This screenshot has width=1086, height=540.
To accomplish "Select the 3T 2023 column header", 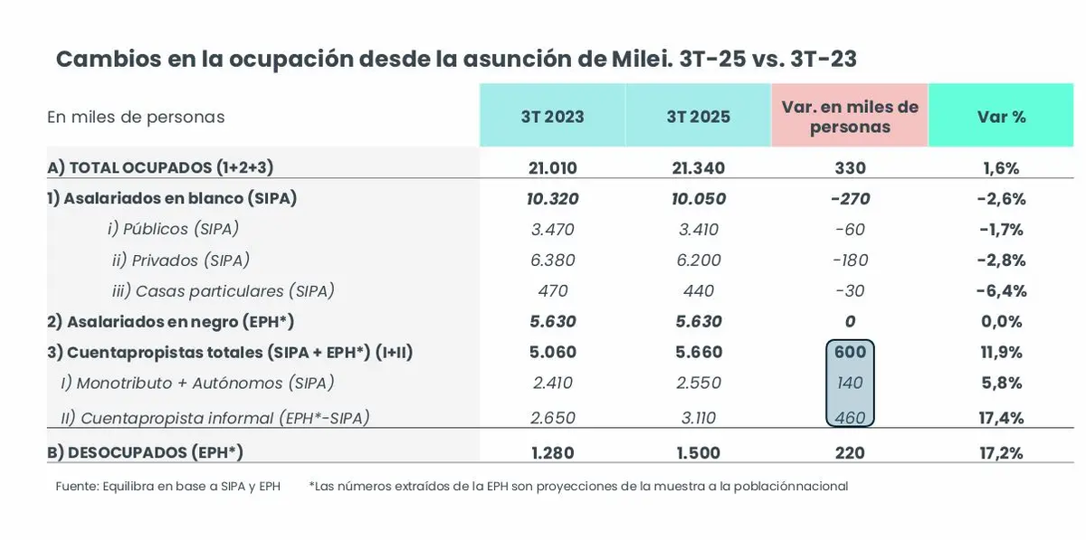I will coord(552,117).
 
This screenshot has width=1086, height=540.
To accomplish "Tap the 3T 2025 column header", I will coord(698,117).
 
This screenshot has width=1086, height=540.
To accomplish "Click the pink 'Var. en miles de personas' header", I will coord(850,117).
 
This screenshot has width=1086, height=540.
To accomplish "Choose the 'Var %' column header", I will coord(1001,117).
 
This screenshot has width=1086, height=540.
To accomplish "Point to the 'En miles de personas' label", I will coord(136,117).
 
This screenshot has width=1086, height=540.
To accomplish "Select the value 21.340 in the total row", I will coord(698,168).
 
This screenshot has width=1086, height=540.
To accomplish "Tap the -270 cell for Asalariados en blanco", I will coord(850,199).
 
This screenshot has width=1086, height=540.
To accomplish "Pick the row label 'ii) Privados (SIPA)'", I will coord(180,261).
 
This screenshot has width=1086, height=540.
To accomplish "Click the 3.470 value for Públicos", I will coord(552,230).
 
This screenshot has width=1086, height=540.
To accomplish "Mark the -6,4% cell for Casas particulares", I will coord(1001,291).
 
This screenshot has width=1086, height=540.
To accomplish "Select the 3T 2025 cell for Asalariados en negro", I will coord(698,322).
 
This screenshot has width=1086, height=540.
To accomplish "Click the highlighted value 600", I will coord(850,353).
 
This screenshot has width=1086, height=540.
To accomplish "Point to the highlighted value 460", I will coord(850,418).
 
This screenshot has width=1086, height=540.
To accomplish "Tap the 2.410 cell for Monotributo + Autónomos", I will coord(552,384).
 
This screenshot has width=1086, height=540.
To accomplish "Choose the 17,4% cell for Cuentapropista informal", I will coord(1001,418).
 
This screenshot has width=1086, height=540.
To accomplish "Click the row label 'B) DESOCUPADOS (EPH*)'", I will coord(145,452).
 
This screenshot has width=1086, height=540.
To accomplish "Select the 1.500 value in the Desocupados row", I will coord(698,452).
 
